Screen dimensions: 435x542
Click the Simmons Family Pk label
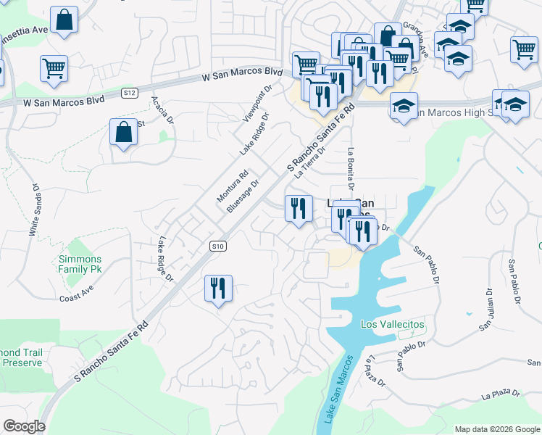[x=80, y=264]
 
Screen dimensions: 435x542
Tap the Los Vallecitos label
[x=392, y=324]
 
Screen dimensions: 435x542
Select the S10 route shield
[x=218, y=246]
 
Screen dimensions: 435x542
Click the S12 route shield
[x=130, y=92]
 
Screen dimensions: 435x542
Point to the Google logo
[x=24, y=426]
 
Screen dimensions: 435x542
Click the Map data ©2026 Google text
[x=496, y=429]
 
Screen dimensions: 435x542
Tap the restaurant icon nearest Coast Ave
[x=218, y=289]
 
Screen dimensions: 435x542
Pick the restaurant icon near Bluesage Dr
[x=299, y=209]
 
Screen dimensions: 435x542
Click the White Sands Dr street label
[x=33, y=207]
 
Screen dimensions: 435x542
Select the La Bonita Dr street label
[x=351, y=167]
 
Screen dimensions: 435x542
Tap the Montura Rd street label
[x=233, y=186]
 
